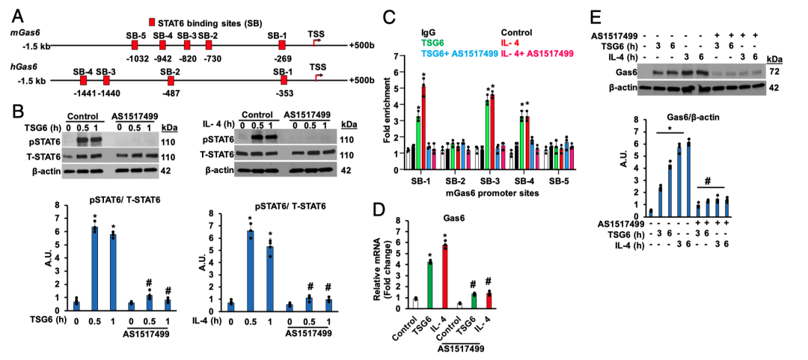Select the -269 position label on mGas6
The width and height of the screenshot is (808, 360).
click(x=282, y=58)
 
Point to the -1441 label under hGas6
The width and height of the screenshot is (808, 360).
click(x=82, y=94)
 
